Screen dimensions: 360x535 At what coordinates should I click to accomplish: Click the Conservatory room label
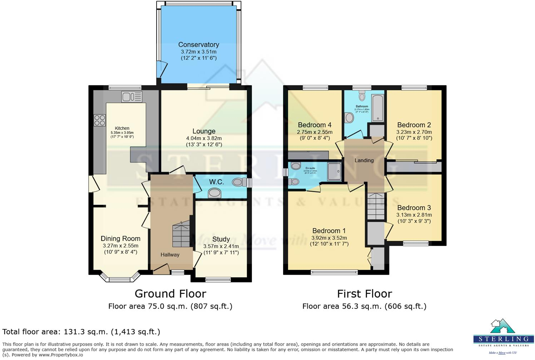(198, 45)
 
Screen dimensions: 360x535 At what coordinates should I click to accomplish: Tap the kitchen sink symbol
(132, 97)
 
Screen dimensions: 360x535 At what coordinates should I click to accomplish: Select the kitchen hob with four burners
(100, 120)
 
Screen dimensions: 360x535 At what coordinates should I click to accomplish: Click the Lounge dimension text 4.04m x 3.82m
(204, 138)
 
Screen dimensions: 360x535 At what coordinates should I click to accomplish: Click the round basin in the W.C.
(214, 194)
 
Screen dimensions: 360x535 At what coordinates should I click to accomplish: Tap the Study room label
(221, 239)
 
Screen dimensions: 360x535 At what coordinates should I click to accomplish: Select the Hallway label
(170, 255)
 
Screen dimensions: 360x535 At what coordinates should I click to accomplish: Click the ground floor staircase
(181, 234)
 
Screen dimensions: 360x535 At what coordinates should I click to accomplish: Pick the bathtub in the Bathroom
(377, 108)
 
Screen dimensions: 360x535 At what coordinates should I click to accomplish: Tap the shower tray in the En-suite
(335, 171)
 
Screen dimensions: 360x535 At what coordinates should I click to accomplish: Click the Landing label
(364, 160)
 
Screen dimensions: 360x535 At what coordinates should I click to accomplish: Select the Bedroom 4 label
(314, 125)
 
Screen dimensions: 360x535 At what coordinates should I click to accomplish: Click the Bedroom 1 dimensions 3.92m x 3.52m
(329, 238)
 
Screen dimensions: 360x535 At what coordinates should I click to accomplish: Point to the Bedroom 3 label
(414, 208)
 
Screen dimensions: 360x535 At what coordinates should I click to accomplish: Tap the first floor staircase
(376, 206)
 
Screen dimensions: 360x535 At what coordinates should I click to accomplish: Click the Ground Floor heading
(170, 294)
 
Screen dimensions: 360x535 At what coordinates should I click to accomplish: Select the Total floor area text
(81, 332)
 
